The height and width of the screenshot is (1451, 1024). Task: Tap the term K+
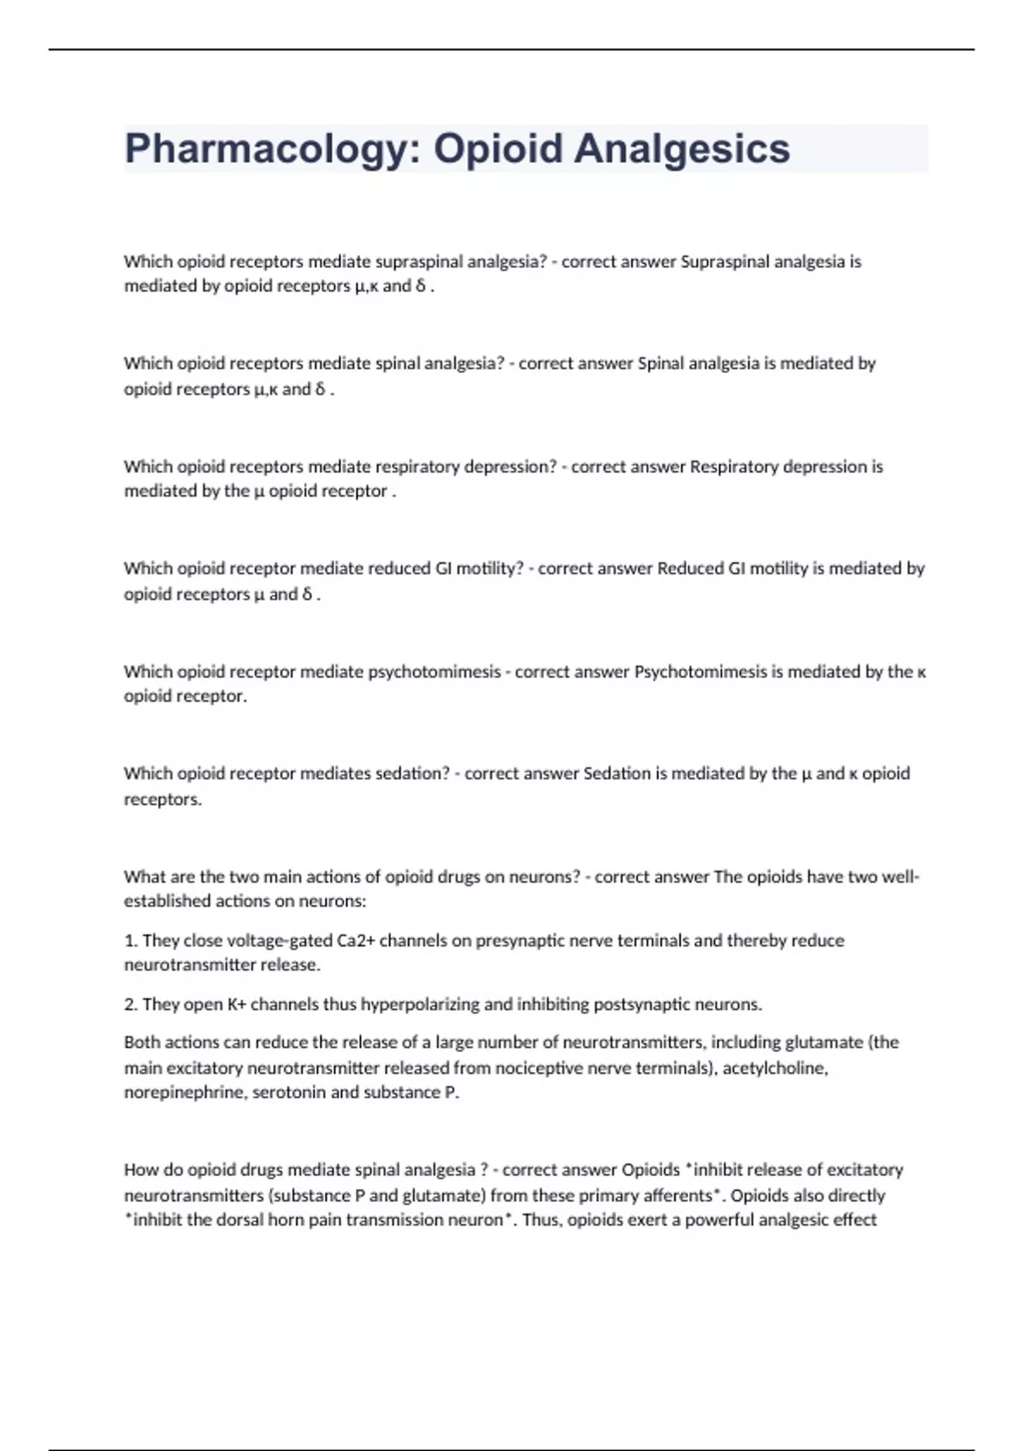pyautogui.click(x=236, y=1005)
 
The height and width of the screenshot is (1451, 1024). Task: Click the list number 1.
pyautogui.click(x=131, y=941)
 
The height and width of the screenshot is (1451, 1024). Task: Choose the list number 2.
pyautogui.click(x=131, y=1005)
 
